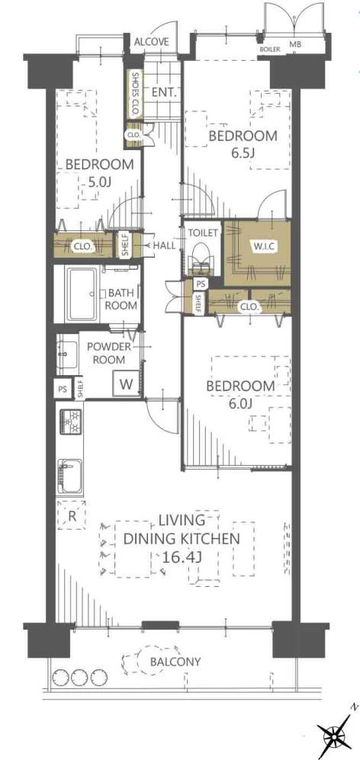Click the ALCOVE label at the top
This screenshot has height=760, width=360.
(x=151, y=42)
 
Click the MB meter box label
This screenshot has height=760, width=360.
(x=295, y=45)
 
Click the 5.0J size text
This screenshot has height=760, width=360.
(x=99, y=183)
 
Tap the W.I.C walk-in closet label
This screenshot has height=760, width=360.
(x=263, y=245)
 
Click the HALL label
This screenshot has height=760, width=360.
(x=164, y=245)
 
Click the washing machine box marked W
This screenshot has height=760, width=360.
(x=126, y=385)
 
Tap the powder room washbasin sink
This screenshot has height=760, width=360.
(x=66, y=354)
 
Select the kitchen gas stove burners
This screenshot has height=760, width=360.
(x=70, y=422)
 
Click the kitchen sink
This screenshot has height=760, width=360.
(x=69, y=476)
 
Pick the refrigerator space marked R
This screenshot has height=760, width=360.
(x=72, y=516)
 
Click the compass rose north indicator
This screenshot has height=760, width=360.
(x=336, y=736)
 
